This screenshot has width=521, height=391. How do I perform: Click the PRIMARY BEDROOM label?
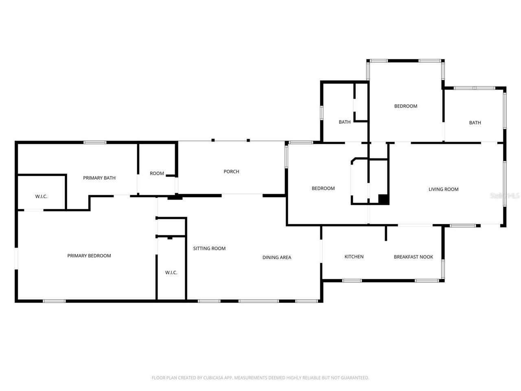[89, 256]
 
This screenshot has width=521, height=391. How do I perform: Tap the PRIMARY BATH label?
[99, 178]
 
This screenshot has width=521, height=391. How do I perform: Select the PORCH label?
[231, 171]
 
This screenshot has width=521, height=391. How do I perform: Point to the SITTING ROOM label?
[209, 248]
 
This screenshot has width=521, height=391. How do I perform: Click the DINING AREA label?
[277, 257]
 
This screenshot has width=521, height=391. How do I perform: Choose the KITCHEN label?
[354, 257]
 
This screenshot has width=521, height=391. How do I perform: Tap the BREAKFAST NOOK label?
[413, 257]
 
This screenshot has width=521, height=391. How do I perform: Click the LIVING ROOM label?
[443, 189]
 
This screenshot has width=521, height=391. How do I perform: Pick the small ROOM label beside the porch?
[157, 174]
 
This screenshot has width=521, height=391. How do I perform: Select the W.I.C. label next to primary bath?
[41, 197]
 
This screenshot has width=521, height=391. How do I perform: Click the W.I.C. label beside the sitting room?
[171, 272]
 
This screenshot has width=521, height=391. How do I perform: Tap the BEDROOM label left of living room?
[323, 189]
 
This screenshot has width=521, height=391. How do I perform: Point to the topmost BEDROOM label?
[406, 106]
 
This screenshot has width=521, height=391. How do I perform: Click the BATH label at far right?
[475, 123]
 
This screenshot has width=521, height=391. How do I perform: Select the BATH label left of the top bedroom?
[344, 122]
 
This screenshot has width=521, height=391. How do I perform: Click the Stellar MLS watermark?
[505, 196]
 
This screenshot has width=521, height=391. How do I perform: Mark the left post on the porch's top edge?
[213, 141]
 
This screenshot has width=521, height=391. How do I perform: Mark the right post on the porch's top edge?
[248, 141]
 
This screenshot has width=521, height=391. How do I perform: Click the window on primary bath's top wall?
[95, 143]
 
